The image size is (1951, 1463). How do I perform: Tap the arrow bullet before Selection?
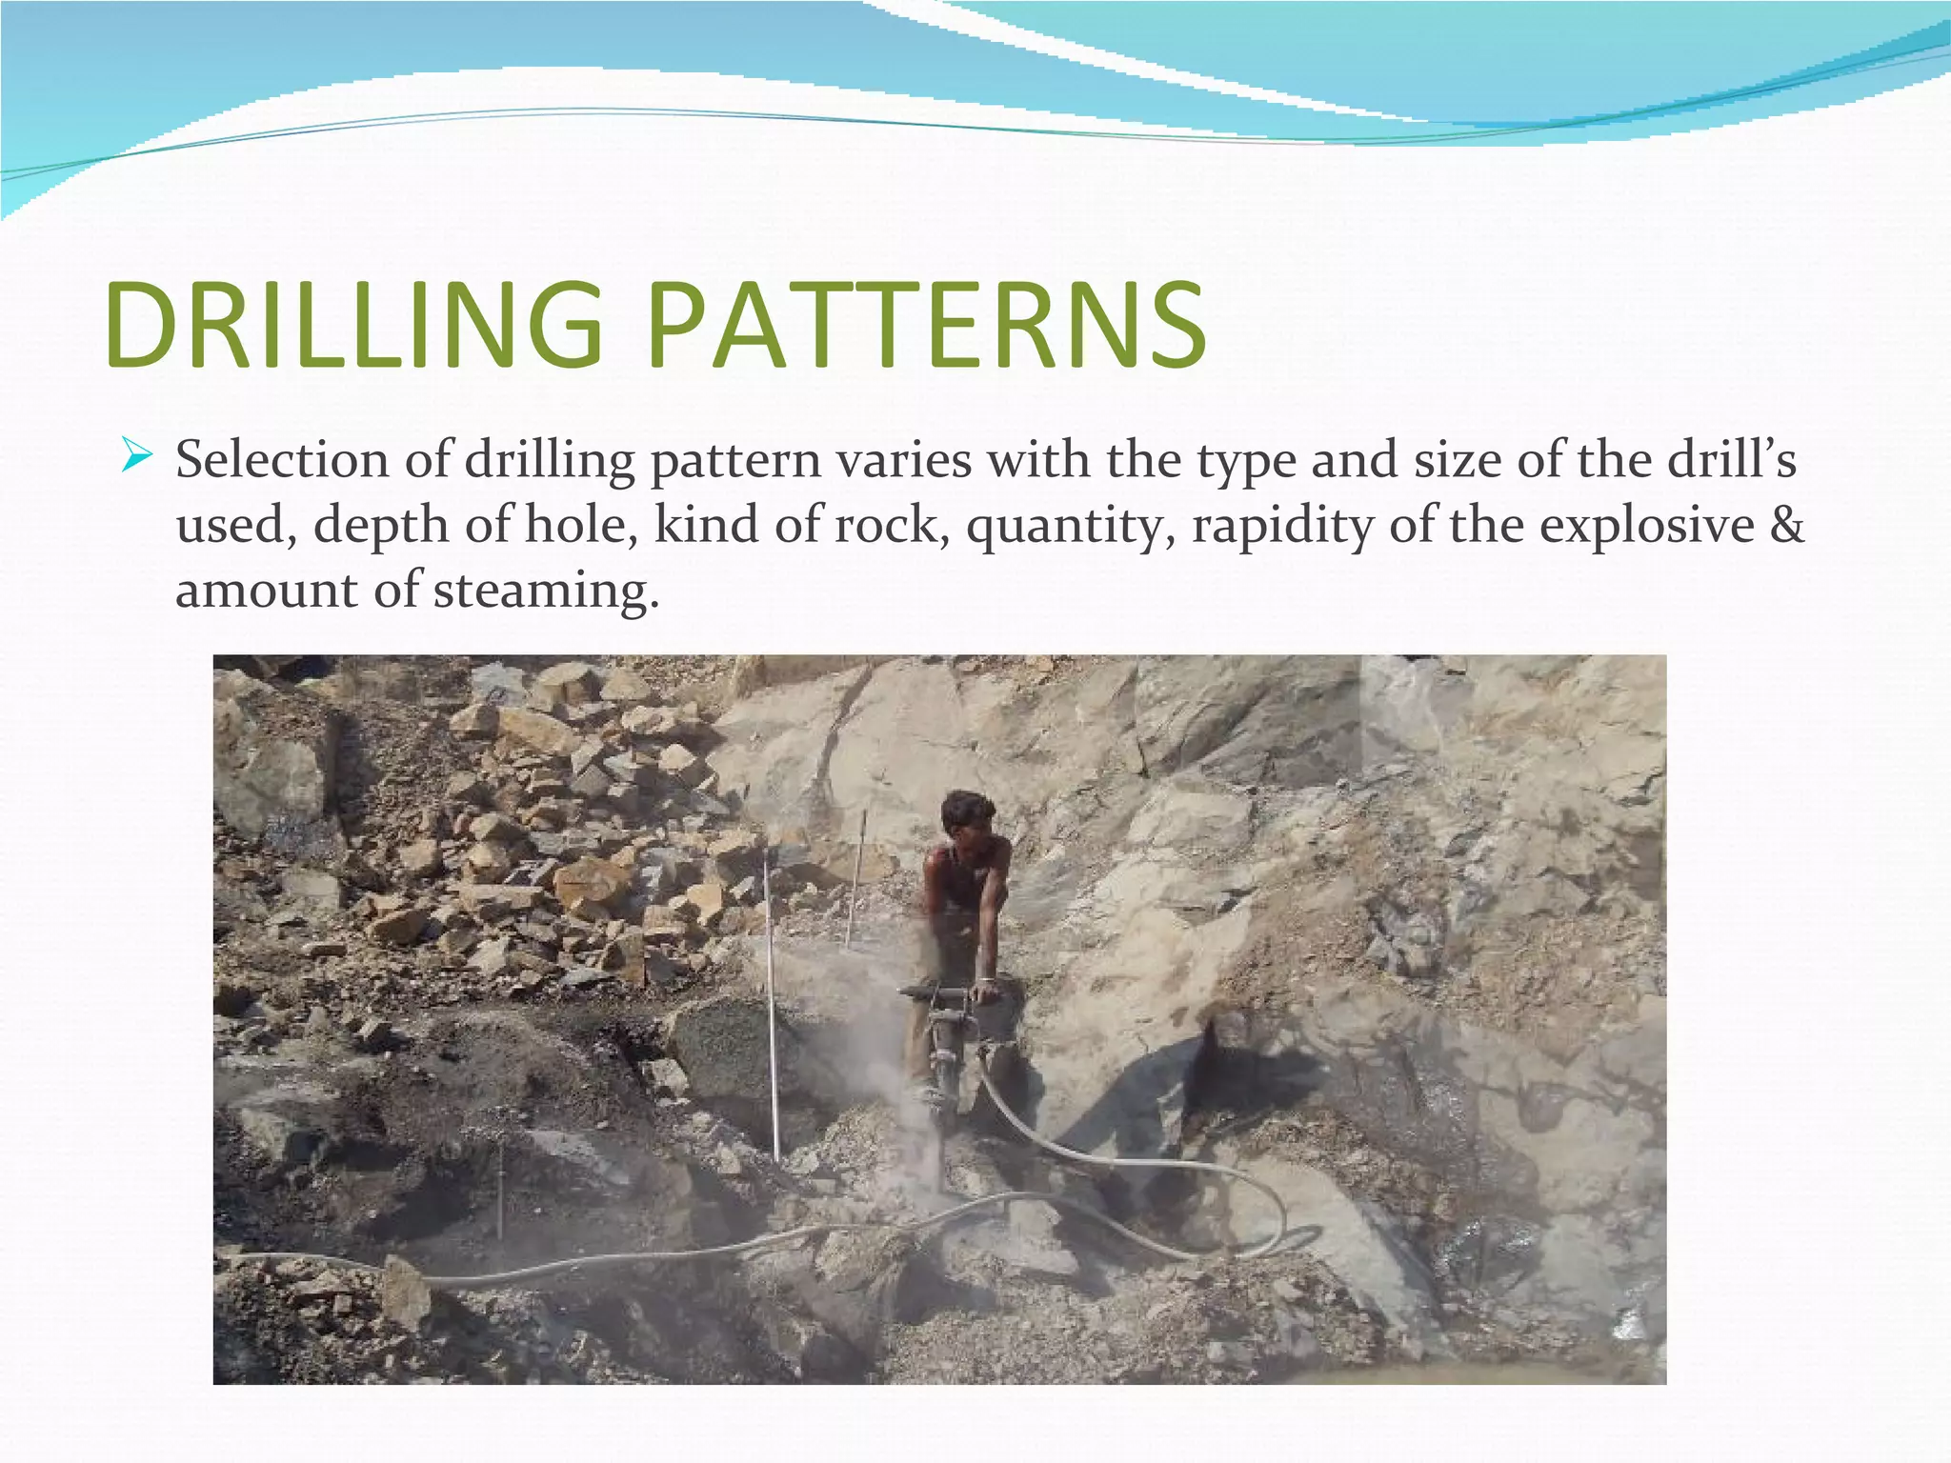pyautogui.click(x=137, y=458)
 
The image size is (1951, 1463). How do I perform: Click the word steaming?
pyautogui.click(x=546, y=591)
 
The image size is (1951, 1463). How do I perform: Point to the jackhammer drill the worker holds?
pyautogui.click(x=943, y=1048)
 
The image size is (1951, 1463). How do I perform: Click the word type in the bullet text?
pyautogui.click(x=1247, y=462)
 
